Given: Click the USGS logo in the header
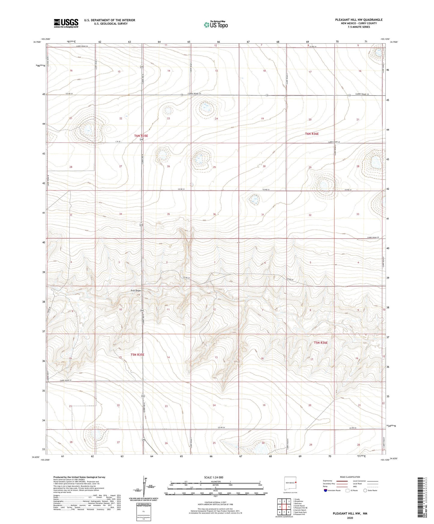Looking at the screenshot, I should coord(66,23).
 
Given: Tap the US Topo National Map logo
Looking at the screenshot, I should coord(216,25).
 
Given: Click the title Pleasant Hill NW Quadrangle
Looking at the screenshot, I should coord(359,20).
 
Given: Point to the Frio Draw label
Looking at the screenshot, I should coord(136,291).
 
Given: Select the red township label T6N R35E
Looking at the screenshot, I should coord(141,136).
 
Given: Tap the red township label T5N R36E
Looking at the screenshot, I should coord(320,342).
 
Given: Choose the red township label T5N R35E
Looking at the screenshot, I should coord(137,354).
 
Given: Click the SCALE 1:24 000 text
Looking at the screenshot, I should coord(214,477).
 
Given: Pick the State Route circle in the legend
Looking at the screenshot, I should coord(365,490).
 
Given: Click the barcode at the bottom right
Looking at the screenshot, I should coord(420,498).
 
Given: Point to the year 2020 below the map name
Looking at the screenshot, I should coord(350,518).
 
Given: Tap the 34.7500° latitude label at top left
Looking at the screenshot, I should coord(38,42).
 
